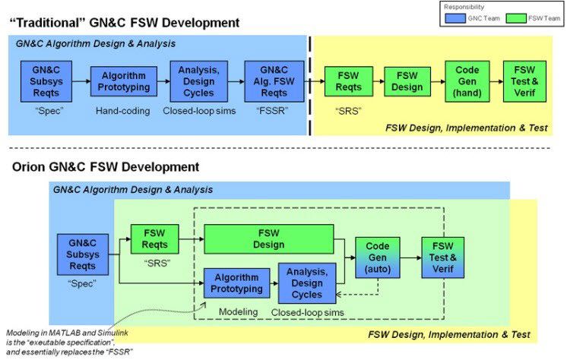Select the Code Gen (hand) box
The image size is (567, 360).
[x=467, y=82]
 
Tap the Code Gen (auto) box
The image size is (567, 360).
[x=378, y=258]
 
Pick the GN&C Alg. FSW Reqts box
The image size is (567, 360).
[x=274, y=82]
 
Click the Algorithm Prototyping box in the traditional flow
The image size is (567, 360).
[x=124, y=82]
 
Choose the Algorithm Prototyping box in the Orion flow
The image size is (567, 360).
[x=236, y=283]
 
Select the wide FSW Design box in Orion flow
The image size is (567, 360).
[x=269, y=239]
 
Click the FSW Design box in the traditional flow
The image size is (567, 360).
[x=407, y=82]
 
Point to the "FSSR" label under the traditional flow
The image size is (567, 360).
[x=274, y=109]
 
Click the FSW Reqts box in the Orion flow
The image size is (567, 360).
[x=154, y=239]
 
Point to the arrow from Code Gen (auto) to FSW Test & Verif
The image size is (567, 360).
[x=410, y=258]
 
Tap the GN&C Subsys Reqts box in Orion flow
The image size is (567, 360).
[x=82, y=254]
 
